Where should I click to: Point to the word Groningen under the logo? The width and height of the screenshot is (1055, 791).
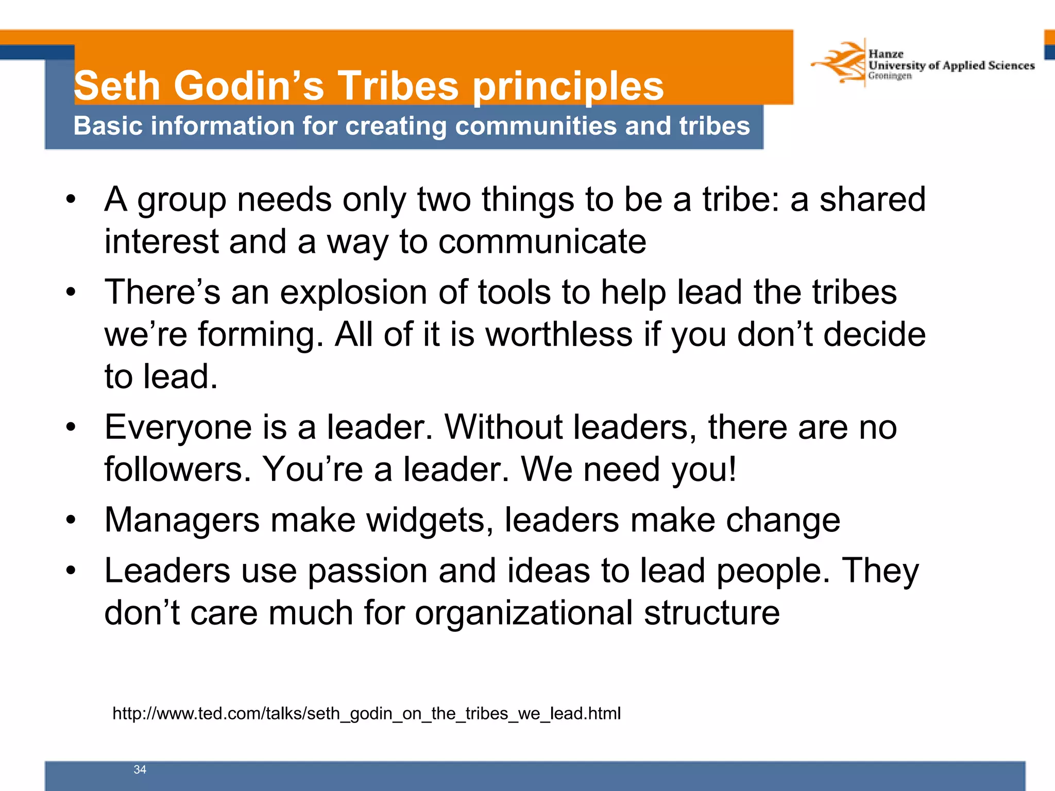coord(890,76)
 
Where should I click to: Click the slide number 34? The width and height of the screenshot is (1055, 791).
coord(140,769)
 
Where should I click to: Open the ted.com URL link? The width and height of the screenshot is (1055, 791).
coord(366,713)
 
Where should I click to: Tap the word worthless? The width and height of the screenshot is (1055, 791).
coord(559,335)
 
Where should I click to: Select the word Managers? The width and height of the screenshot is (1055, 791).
coord(182,520)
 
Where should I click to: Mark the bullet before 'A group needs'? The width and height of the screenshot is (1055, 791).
coord(71,200)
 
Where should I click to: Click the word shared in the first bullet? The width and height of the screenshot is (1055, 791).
coord(872,200)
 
